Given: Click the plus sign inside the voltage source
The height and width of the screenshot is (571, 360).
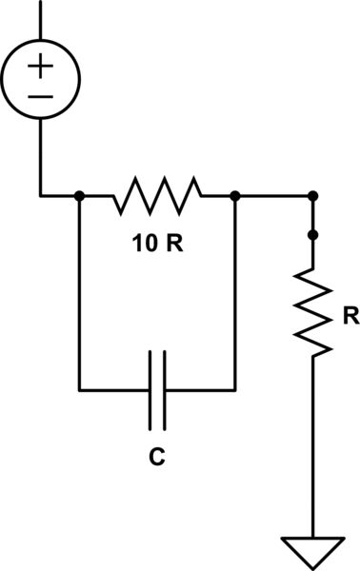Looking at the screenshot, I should (40, 66).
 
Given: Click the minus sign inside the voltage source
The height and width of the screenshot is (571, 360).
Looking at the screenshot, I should (40, 97).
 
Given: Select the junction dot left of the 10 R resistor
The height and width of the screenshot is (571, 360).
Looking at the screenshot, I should (79, 196).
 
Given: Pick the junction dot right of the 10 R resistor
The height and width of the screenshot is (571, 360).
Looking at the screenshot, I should (234, 196).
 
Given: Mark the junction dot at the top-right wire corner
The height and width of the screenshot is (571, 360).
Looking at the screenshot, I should (313, 196).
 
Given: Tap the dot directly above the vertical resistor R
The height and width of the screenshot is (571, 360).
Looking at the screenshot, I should (313, 233).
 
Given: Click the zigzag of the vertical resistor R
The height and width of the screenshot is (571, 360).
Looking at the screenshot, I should (313, 310).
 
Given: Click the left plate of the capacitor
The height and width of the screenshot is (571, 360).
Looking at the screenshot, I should (150, 389).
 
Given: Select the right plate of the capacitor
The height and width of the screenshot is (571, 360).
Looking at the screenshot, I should (164, 389).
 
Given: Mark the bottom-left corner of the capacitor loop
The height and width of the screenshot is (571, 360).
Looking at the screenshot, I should (79, 389).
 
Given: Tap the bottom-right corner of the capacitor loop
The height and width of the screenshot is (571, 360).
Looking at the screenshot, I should (234, 389).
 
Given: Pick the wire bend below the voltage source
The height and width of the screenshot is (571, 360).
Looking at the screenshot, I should (40, 196).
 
